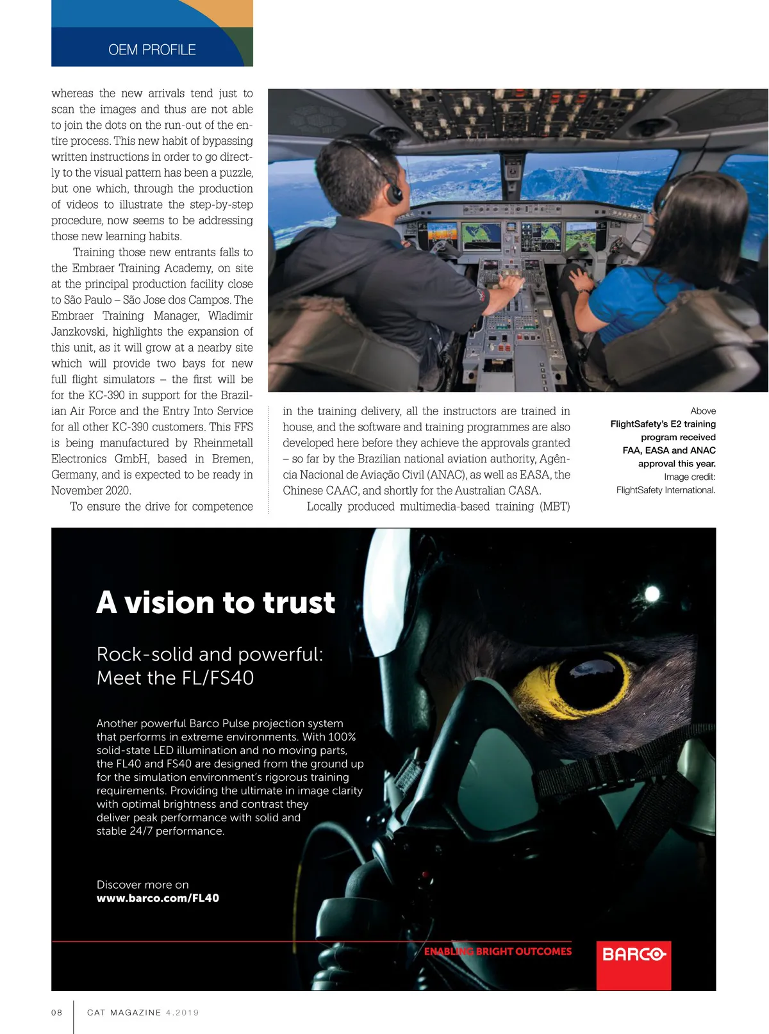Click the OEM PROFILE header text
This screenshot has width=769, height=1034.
(x=152, y=50)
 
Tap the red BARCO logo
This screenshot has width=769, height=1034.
(x=633, y=955)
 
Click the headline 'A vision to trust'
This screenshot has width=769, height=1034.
(x=215, y=603)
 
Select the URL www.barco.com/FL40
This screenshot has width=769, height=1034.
(x=158, y=898)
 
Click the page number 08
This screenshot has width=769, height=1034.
(x=57, y=1013)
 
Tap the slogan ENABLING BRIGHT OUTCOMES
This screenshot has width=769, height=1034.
(x=497, y=951)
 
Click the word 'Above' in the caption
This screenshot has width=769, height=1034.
(x=703, y=411)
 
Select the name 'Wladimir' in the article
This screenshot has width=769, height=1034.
(x=230, y=316)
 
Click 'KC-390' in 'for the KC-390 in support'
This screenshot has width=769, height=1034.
(x=106, y=395)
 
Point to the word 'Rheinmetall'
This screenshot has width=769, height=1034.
(x=223, y=443)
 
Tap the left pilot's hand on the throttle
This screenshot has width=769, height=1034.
(x=511, y=283)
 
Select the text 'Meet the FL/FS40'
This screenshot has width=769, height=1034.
(x=175, y=678)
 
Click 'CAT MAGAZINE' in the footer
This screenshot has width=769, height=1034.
(x=124, y=1013)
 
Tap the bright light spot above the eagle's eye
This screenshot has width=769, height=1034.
(x=652, y=594)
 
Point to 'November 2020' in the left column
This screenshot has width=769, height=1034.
(x=91, y=491)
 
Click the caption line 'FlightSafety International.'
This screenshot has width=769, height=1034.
(x=666, y=490)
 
